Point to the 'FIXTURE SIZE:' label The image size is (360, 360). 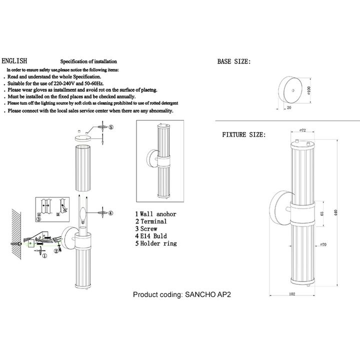(244, 135)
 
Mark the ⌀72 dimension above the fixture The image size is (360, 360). (303, 130)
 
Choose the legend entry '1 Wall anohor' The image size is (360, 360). (156, 213)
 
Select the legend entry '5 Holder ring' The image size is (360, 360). (156, 243)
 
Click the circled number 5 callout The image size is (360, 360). (111, 128)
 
